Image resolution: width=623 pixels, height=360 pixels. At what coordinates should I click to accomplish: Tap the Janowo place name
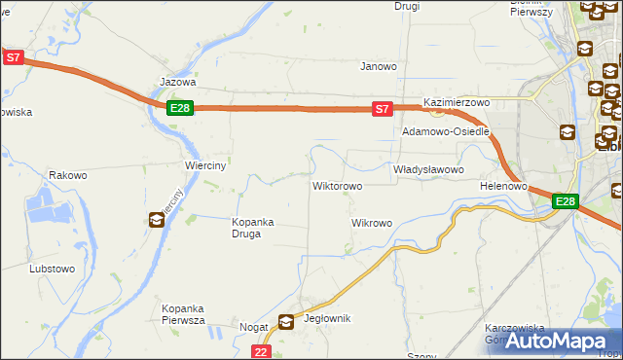pos(379,67)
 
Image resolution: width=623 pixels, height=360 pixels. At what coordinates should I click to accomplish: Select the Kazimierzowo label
pos(456,102)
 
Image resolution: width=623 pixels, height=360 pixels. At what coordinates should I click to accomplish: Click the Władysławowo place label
pos(428,169)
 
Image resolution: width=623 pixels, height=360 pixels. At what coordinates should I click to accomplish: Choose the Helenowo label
pos(503,185)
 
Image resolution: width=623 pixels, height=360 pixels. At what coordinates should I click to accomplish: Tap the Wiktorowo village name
pos(337,185)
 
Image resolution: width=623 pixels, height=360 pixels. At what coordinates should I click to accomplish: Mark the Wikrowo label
pos(371,223)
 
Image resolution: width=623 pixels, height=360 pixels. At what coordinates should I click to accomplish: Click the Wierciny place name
pos(205,165)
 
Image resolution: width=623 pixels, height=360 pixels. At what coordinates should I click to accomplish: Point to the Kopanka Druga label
pos(252,228)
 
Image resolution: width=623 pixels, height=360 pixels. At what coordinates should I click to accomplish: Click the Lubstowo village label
pos(53,268)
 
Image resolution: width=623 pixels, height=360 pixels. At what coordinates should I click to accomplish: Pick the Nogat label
pos(253,328)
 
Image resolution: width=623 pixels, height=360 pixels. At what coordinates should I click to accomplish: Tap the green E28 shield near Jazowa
pos(179,108)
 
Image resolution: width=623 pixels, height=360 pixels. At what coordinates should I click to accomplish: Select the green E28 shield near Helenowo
pos(566,201)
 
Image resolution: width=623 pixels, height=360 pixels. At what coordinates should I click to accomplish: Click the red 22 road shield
pos(260,351)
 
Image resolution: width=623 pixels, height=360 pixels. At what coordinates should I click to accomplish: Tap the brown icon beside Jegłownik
pos(286,320)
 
